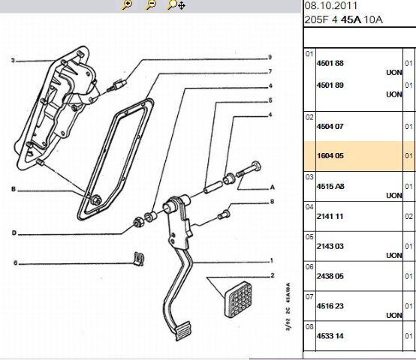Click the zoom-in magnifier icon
click(127, 4)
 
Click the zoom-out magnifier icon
click(150, 4)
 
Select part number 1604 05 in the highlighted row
click(330, 155)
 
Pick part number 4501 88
click(330, 63)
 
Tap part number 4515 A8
click(330, 186)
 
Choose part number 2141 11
click(330, 216)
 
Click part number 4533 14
click(330, 336)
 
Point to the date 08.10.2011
click(331, 6)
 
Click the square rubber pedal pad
click(239, 299)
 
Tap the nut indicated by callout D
click(137, 221)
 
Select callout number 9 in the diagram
click(270, 57)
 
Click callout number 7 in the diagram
click(270, 71)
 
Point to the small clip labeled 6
click(139, 258)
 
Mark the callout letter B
click(14, 189)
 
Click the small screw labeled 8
click(224, 214)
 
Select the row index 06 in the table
click(309, 267)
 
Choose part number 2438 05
click(330, 276)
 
